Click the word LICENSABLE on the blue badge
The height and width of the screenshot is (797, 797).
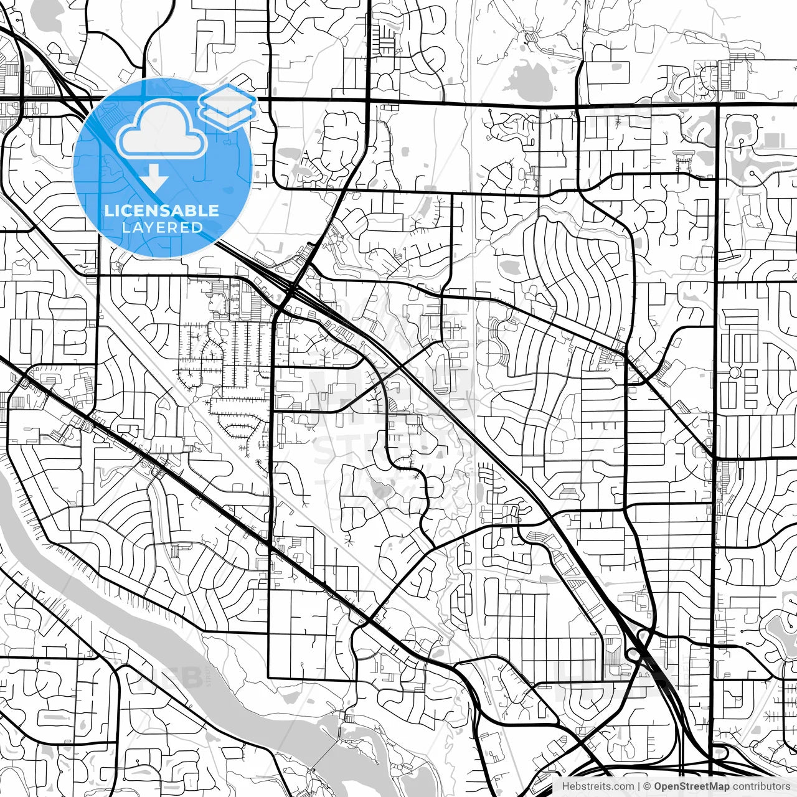point(162,210)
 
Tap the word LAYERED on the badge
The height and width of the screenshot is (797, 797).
point(162,227)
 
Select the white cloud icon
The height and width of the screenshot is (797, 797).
point(162,130)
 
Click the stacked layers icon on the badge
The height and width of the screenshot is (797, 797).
point(228,106)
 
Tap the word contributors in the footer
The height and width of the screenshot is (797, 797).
point(762,786)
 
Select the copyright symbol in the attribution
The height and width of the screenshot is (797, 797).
point(648,786)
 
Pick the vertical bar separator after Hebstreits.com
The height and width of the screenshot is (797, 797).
point(639,786)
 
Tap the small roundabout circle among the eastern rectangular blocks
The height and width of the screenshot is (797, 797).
point(735,372)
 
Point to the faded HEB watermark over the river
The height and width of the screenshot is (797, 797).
point(181,679)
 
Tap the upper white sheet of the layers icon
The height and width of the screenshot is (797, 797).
point(228,99)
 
